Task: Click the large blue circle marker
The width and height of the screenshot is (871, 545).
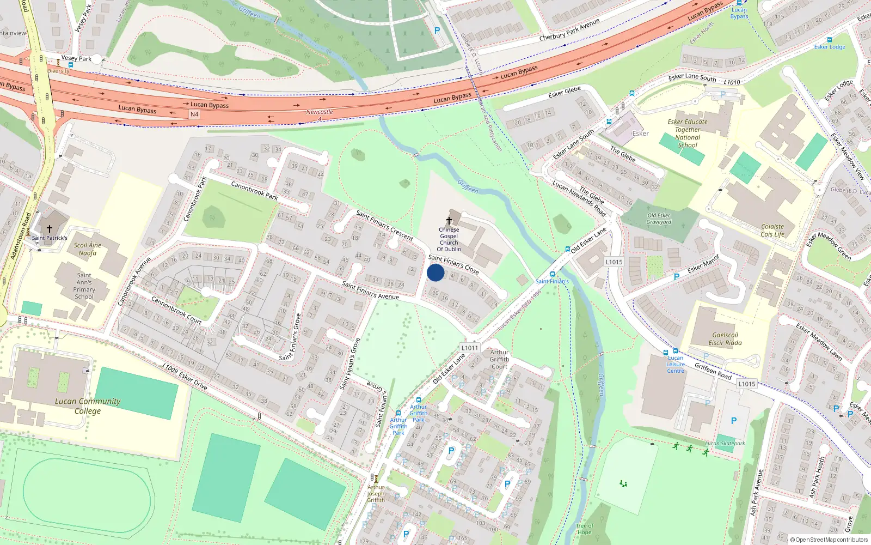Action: click(x=436, y=272)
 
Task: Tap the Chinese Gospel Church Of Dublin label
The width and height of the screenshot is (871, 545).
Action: click(x=449, y=239)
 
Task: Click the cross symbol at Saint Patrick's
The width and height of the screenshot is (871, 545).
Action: click(x=50, y=229)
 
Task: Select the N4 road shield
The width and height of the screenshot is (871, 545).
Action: click(x=194, y=114)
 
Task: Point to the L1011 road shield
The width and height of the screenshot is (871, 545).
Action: click(x=469, y=348)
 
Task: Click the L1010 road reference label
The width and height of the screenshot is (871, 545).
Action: click(x=732, y=82)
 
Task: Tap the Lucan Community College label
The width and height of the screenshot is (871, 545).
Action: click(x=88, y=406)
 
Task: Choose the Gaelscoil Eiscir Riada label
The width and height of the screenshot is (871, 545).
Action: click(x=725, y=339)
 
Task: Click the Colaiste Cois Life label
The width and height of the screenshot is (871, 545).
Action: click(x=772, y=231)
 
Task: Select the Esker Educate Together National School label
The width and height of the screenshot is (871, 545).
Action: click(x=688, y=134)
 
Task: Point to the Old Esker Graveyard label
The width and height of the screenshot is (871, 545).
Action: click(x=659, y=219)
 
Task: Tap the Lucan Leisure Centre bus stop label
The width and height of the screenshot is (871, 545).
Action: click(x=676, y=364)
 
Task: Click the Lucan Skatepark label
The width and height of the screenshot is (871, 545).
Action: click(x=725, y=443)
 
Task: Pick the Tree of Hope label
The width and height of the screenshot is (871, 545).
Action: click(x=584, y=529)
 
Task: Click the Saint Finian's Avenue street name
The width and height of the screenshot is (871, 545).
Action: click(x=370, y=290)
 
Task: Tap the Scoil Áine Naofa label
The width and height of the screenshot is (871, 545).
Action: click(x=88, y=249)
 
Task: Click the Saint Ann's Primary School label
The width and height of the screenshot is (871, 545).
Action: click(x=84, y=286)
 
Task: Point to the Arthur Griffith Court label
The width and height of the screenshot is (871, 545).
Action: click(x=499, y=359)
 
